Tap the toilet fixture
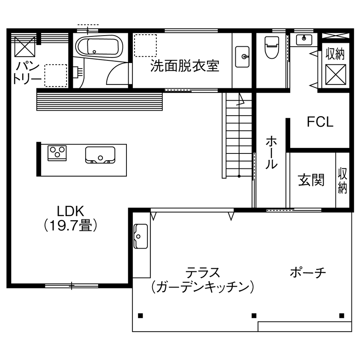point(271,47)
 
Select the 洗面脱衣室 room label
point(185,66)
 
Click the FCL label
point(320,122)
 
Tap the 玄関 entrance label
point(311,180)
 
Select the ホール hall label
point(271,153)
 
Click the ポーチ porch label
point(308,272)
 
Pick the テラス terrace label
point(203,272)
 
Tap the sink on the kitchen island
point(100,155)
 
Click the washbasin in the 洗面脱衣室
point(243,56)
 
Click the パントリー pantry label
point(27,73)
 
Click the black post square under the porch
point(341,316)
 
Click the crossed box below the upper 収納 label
point(335,74)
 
